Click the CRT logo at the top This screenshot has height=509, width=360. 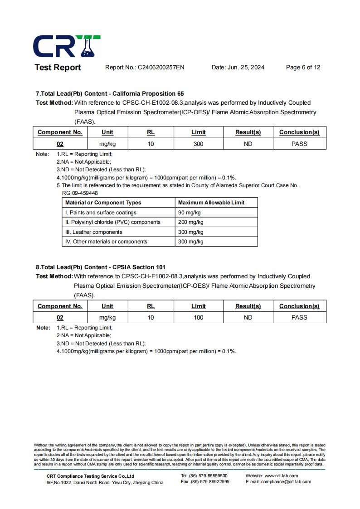pyautogui.click(x=67, y=46)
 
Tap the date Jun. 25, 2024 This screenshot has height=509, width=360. pyautogui.click(x=246, y=68)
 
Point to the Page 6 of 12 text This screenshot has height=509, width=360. pyautogui.click(x=303, y=68)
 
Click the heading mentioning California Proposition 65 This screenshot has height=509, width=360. pyautogui.click(x=110, y=93)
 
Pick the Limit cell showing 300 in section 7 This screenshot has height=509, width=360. pyautogui.click(x=198, y=144)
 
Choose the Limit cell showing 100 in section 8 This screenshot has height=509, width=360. pyautogui.click(x=198, y=318)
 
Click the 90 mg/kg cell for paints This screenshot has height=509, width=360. pyautogui.click(x=190, y=213)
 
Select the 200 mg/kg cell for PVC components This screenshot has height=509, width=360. pyautogui.click(x=191, y=222)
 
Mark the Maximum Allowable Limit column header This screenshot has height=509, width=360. pyautogui.click(x=211, y=203)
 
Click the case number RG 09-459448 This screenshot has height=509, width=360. pyautogui.click(x=80, y=193)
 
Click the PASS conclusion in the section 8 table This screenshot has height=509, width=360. pyautogui.click(x=299, y=318)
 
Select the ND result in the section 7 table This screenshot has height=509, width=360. pyautogui.click(x=248, y=144)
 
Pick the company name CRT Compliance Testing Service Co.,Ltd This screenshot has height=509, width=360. pyautogui.click(x=90, y=476)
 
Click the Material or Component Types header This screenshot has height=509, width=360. pyautogui.click(x=103, y=203)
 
